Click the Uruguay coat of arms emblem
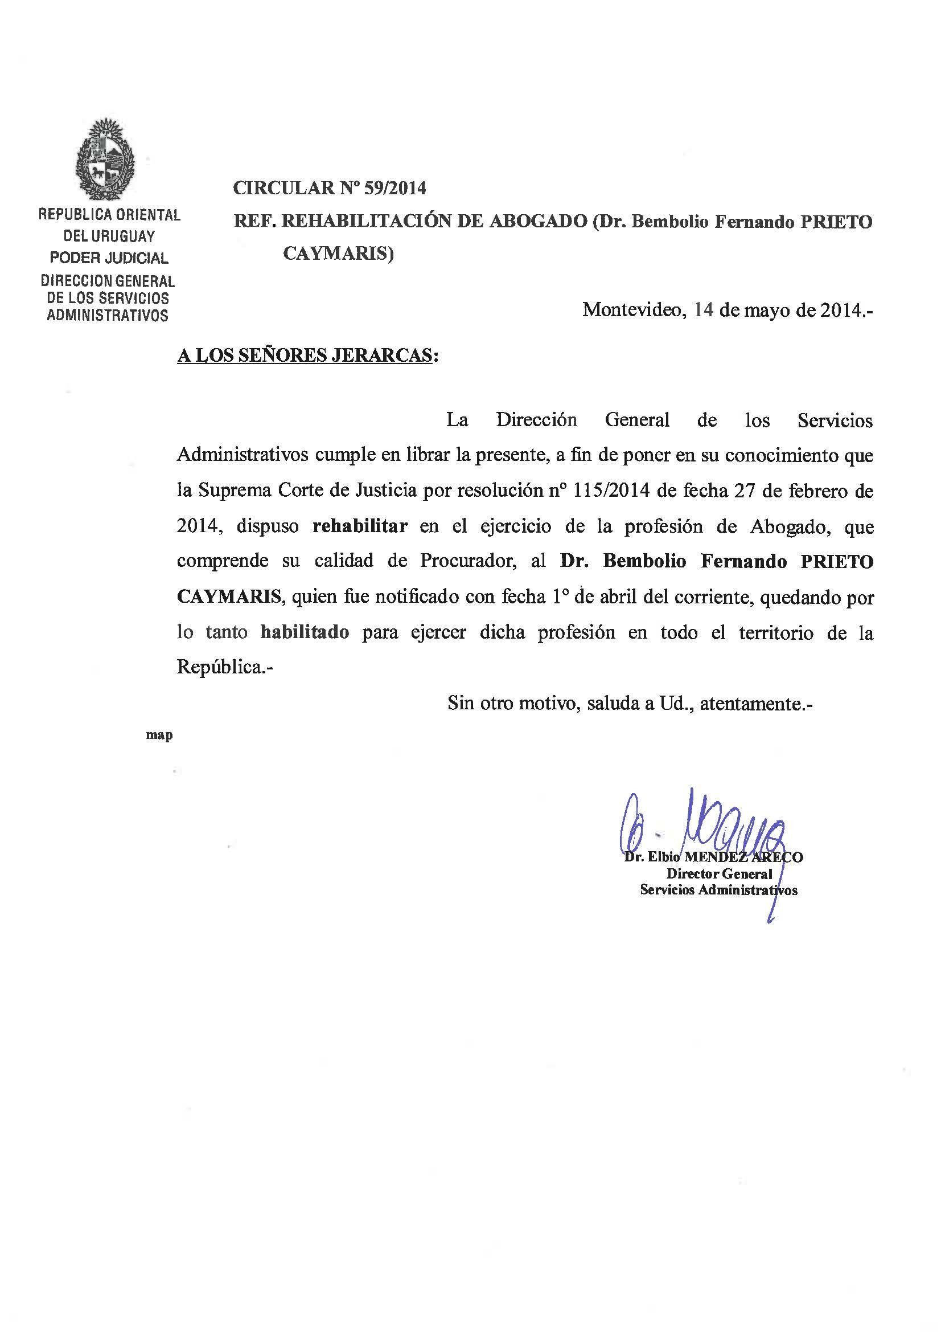105,160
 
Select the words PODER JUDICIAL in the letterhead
109,258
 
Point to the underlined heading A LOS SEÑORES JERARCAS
305,355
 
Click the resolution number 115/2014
613,491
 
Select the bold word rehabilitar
360,526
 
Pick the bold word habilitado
305,632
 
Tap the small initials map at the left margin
159,735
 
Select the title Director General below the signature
719,874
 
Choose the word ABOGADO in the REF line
538,221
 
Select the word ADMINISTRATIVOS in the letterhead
108,316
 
